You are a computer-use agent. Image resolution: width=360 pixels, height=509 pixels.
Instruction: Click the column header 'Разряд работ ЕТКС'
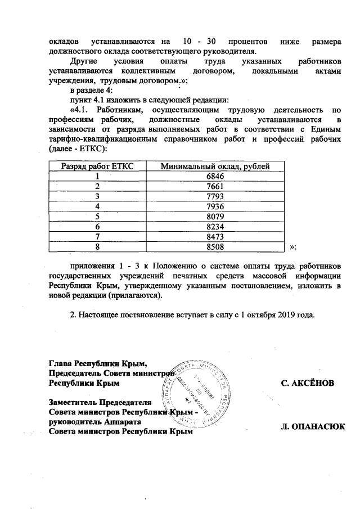pyautogui.click(x=97, y=166)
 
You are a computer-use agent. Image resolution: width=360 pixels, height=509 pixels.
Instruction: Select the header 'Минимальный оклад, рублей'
pyautogui.click(x=215, y=166)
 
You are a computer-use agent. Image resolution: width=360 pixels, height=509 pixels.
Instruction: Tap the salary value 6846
pyautogui.click(x=215, y=176)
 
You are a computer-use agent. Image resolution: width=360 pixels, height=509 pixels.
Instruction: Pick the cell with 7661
pyautogui.click(x=215, y=186)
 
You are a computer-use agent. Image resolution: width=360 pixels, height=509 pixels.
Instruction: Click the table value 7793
pyautogui.click(x=215, y=196)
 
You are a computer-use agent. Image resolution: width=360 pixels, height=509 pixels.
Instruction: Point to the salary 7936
pyautogui.click(x=215, y=206)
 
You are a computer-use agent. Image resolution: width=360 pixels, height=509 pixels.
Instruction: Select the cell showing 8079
pyautogui.click(x=215, y=215)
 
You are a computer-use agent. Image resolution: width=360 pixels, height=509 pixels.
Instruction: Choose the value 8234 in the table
pyautogui.click(x=215, y=226)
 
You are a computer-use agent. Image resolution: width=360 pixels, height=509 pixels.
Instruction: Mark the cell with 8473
pyautogui.click(x=215, y=236)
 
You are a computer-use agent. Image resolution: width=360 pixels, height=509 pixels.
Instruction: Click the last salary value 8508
pyautogui.click(x=215, y=246)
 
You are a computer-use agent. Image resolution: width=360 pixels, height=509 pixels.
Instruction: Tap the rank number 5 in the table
pyautogui.click(x=97, y=215)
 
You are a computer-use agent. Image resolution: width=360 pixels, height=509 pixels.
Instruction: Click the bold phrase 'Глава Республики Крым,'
pyautogui.click(x=98, y=363)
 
